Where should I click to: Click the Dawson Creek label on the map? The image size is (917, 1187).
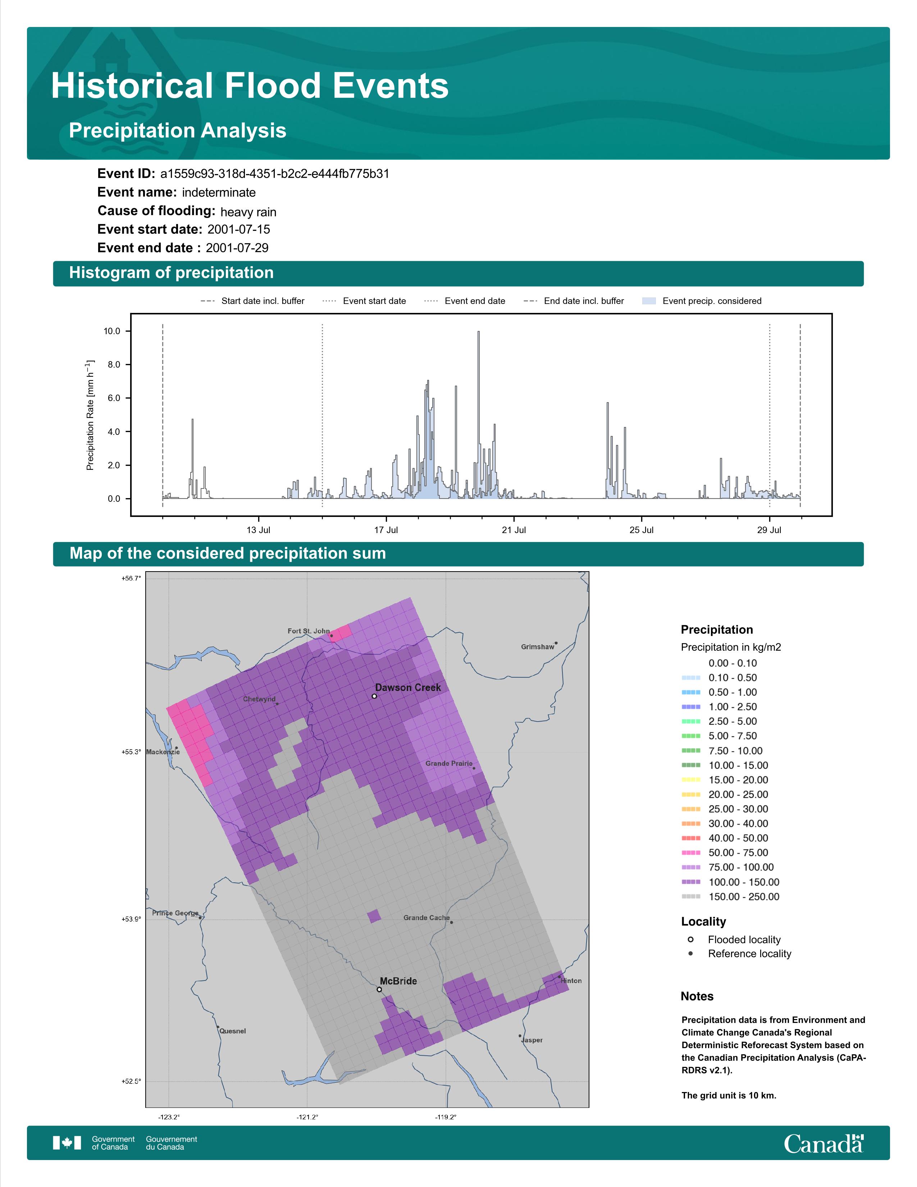click(408, 687)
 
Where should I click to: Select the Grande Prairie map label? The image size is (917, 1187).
click(449, 764)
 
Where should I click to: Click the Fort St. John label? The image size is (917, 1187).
click(309, 631)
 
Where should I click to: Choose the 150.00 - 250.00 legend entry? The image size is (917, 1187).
click(730, 897)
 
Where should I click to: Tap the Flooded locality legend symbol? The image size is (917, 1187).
click(690, 939)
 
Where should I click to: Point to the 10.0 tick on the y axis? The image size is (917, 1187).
click(112, 331)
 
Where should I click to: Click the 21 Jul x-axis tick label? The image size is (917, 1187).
click(514, 530)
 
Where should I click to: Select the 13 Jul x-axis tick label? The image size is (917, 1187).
click(258, 530)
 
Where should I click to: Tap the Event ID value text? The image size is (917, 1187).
click(275, 174)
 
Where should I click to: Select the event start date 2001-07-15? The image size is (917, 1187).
click(238, 229)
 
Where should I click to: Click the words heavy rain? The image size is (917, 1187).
click(248, 212)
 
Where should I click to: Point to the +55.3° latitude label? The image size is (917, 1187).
click(131, 752)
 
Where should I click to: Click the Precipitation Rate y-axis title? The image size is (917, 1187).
click(90, 415)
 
